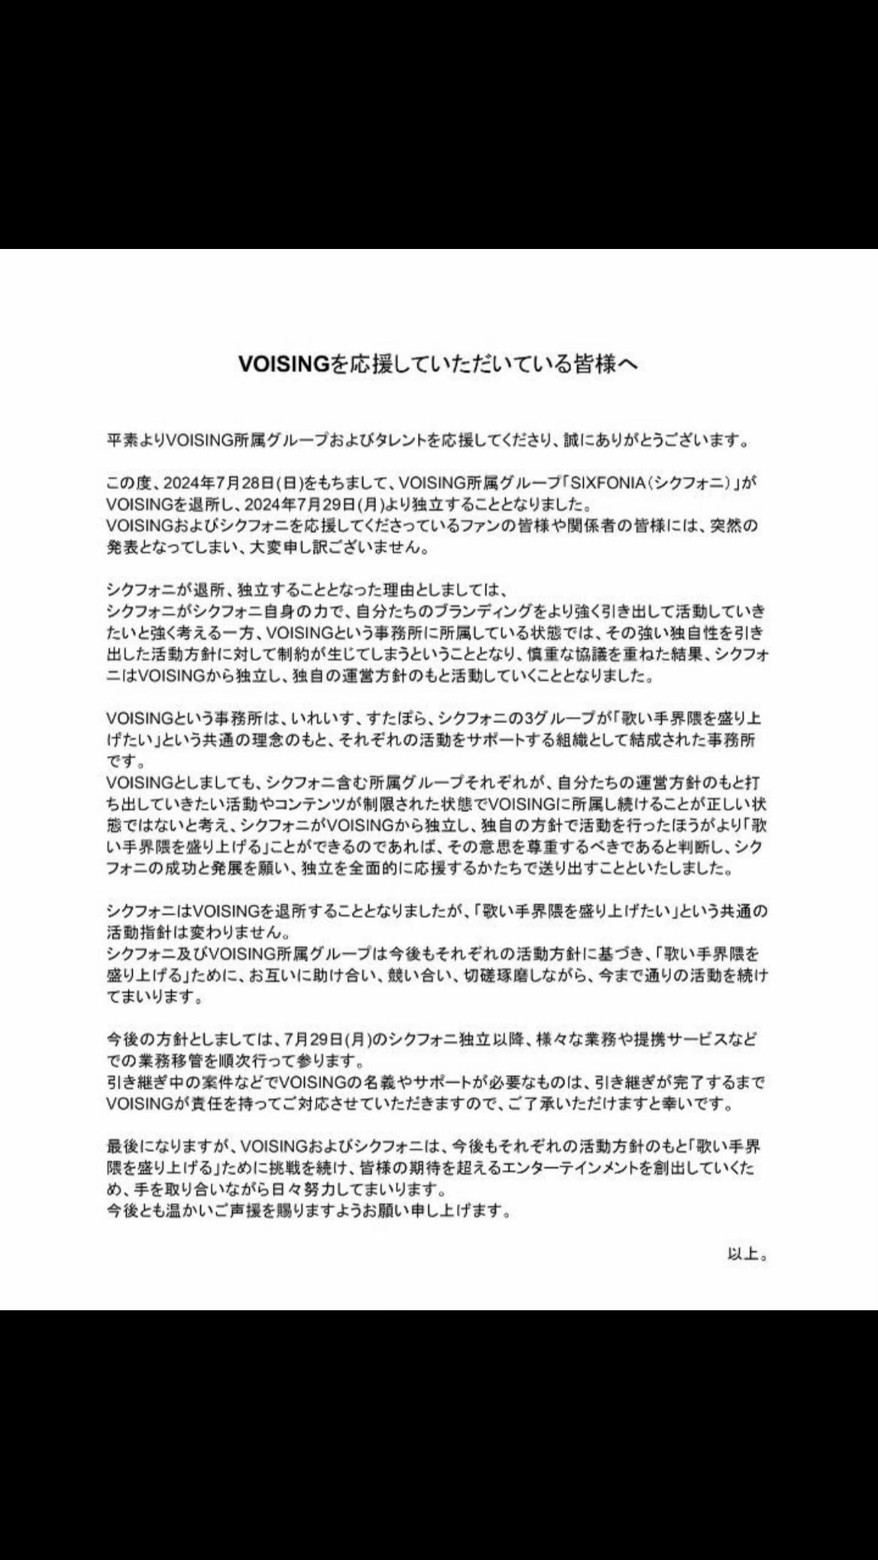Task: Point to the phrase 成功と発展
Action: click(x=194, y=869)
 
